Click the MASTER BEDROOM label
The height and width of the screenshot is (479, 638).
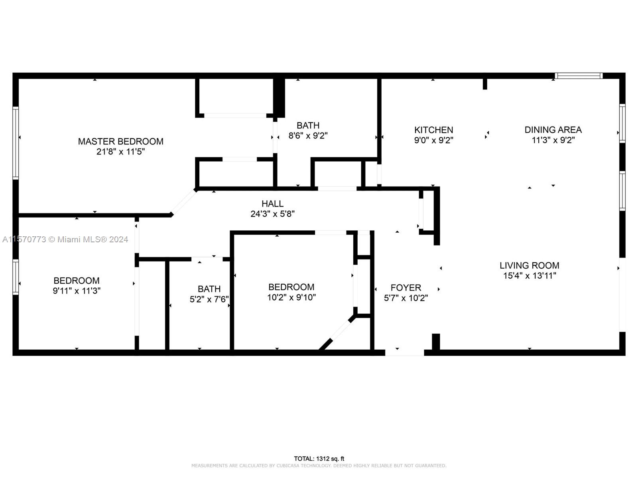click(x=121, y=141)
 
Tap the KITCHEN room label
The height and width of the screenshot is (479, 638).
click(x=433, y=130)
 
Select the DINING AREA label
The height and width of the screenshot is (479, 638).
click(x=553, y=130)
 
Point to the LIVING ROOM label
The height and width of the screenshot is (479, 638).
click(x=529, y=265)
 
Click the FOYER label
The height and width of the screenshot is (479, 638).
click(x=406, y=288)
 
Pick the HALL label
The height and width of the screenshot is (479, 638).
click(x=272, y=204)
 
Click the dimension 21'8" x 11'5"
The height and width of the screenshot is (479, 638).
click(x=121, y=152)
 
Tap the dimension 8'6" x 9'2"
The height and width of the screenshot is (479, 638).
click(x=308, y=136)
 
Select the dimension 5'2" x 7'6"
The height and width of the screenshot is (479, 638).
click(x=209, y=299)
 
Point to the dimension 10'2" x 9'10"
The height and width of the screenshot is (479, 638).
click(x=291, y=297)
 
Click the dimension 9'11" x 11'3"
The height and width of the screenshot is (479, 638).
click(x=77, y=291)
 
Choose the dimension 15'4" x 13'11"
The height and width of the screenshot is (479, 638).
click(x=530, y=275)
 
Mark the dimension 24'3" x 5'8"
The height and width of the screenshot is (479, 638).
click(x=272, y=214)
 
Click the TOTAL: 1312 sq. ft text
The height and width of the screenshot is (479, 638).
click(x=319, y=459)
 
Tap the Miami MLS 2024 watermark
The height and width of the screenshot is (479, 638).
click(x=65, y=239)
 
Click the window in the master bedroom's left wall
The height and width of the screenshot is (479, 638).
click(x=16, y=143)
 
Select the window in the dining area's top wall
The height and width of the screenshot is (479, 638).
click(x=579, y=75)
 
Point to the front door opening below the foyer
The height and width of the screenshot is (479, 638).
click(x=404, y=353)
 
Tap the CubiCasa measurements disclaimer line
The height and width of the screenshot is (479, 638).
click(x=319, y=465)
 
